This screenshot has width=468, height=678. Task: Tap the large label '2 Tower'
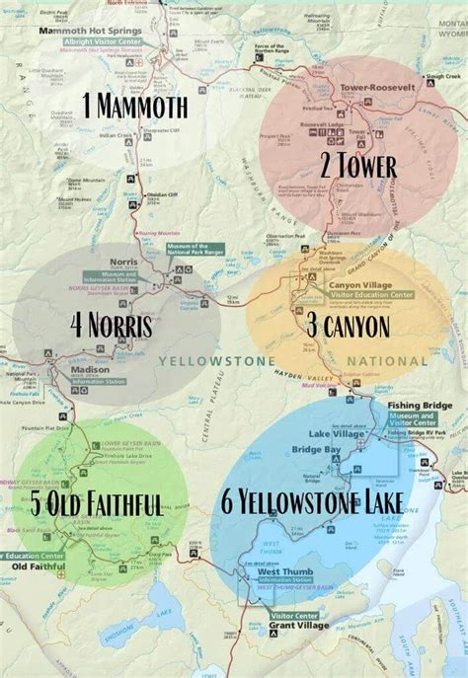(x=357, y=166)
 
